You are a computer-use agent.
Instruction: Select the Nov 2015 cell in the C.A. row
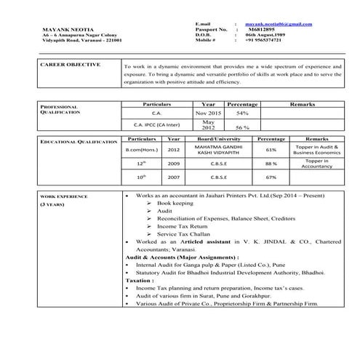point(207,113)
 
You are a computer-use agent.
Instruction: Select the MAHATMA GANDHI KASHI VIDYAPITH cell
point(216,150)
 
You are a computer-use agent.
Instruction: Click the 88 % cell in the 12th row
point(271,164)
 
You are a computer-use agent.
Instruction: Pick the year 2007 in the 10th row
point(174,177)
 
